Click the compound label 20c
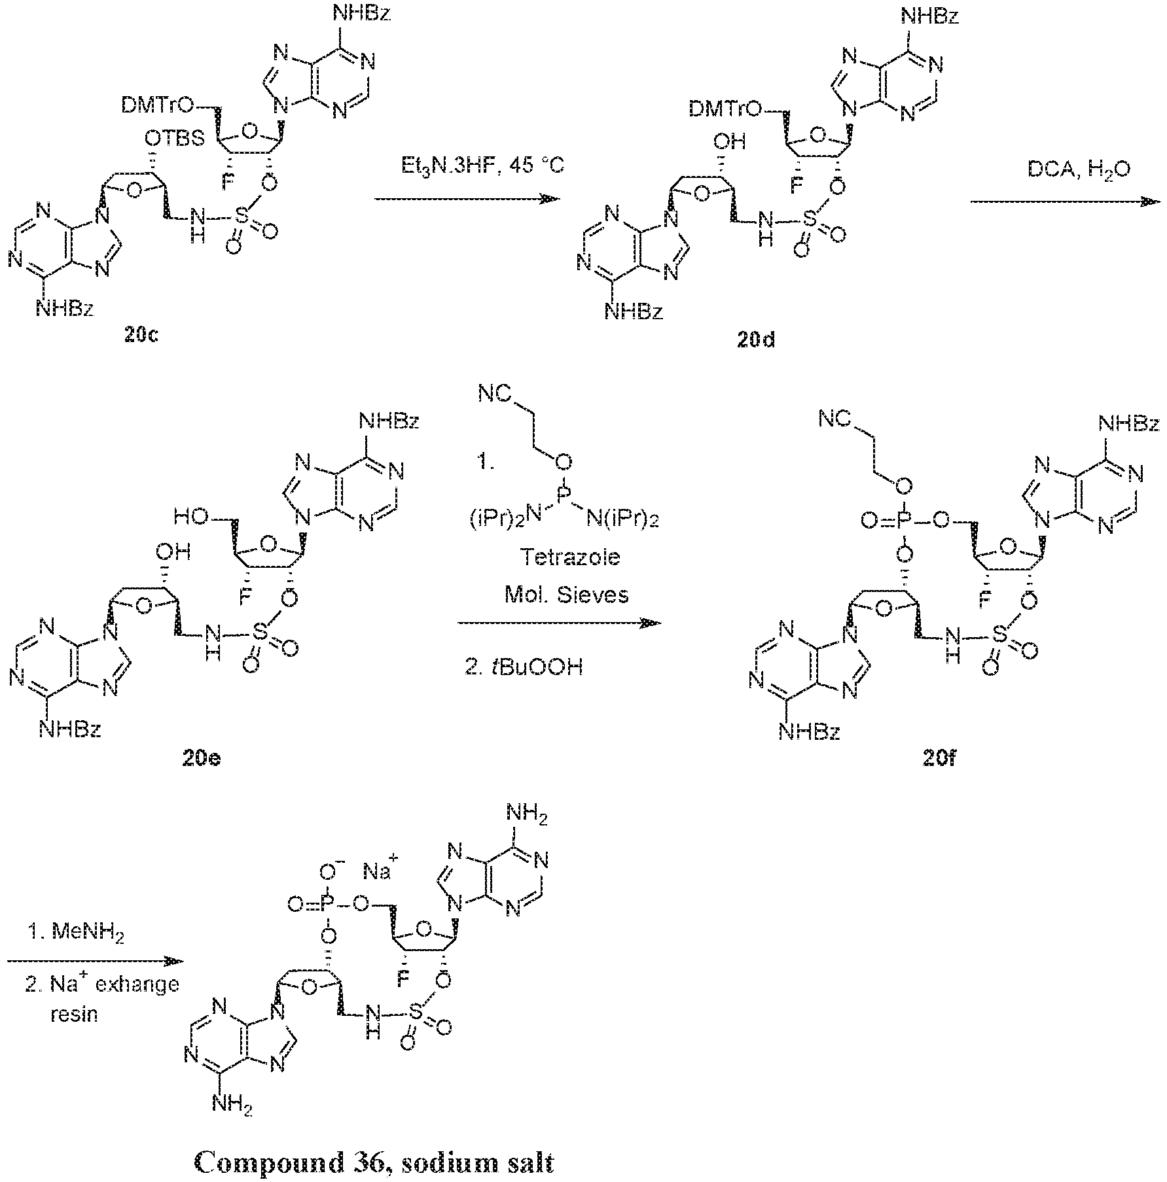(141, 336)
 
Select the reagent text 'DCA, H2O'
(1064, 171)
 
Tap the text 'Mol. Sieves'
(566, 595)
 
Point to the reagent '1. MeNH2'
(76, 932)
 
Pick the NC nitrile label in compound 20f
(835, 419)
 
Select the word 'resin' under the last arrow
(74, 1015)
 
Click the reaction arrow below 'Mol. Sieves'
(559, 623)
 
